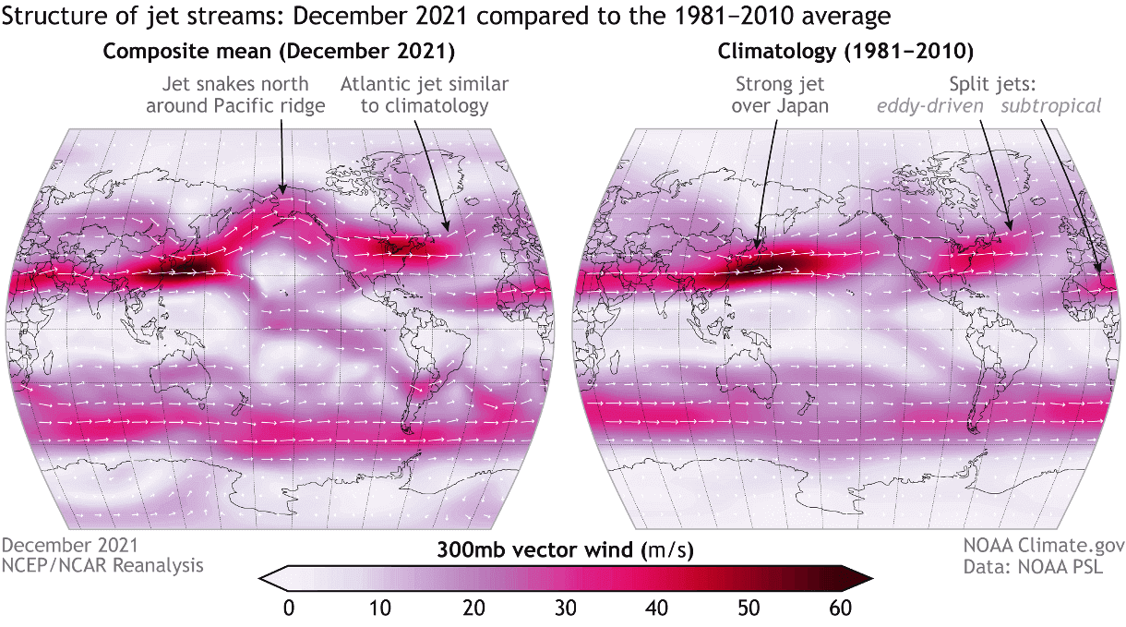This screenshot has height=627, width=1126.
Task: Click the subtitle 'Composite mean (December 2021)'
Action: coord(279,51)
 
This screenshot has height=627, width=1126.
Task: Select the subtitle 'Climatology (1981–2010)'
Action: coord(844,51)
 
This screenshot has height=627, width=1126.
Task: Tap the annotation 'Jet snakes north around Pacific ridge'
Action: coord(243,94)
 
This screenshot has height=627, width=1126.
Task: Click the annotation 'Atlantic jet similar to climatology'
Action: coord(425,94)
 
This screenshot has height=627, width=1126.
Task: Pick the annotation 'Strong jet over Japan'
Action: coord(780,94)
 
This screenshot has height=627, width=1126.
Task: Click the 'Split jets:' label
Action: coord(991,83)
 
